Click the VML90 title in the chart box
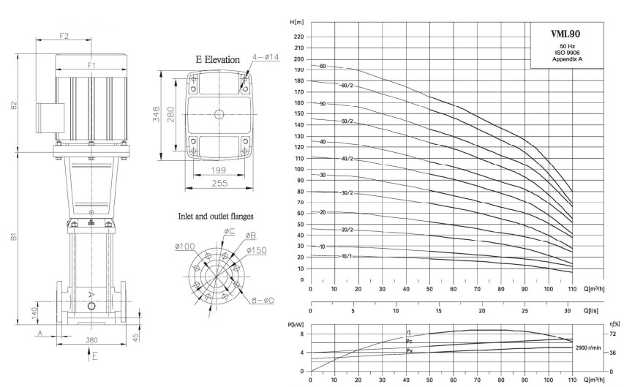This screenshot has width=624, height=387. [565, 34]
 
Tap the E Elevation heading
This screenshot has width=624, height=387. [218, 60]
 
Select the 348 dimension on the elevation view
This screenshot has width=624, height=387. [156, 114]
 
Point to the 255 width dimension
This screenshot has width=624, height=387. [219, 183]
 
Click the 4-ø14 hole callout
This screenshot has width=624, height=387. [266, 57]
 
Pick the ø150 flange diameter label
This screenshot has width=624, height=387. [256, 250]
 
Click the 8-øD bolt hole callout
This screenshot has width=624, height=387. [263, 301]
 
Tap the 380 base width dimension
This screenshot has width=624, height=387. [91, 340]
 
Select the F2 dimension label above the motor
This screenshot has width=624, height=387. [64, 36]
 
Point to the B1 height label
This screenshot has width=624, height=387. [14, 236]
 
